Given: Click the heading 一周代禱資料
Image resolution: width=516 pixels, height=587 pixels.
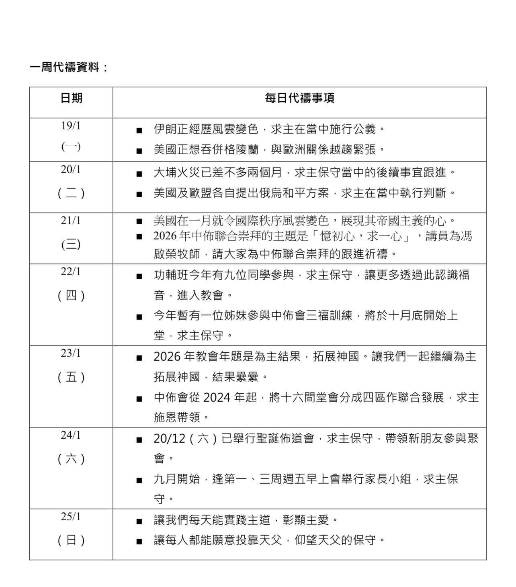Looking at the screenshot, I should pos(64,67).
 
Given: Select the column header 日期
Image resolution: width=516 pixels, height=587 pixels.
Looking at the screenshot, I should pos(71,98).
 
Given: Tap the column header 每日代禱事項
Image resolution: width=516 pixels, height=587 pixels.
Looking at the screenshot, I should pos(299,98).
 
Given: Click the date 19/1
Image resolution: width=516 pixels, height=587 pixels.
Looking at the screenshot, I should pos(71,126).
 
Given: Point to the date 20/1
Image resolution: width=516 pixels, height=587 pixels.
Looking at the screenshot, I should pos(71,170).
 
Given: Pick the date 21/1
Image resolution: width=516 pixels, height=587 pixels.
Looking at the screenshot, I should pos(71,221).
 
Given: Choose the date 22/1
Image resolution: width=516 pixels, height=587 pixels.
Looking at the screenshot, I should pos(71,272).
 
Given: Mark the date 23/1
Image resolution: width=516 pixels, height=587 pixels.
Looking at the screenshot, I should pos(71,354).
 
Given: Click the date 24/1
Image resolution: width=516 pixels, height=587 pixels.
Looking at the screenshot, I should pos(71,435).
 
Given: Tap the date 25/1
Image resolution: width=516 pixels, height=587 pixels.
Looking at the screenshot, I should pos(71,517).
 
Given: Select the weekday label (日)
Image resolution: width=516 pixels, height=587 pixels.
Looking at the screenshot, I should pos(71,540).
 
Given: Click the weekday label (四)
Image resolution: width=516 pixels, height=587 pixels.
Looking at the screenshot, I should pos(71,296).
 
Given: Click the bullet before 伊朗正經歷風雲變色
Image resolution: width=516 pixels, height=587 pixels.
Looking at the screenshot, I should pos(139,130).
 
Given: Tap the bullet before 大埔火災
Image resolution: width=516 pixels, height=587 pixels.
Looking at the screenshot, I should pos(139,174).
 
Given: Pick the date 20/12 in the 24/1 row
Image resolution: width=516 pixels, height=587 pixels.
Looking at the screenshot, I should pos(168,439).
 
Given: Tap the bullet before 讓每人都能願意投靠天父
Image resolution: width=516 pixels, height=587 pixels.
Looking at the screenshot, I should pos(139,541).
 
